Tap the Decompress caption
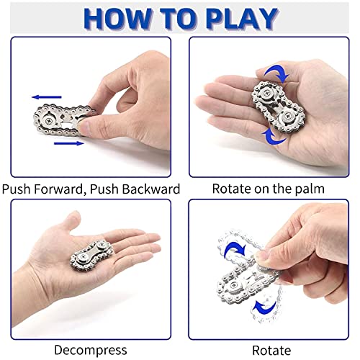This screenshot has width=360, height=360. click(x=90, y=350)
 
